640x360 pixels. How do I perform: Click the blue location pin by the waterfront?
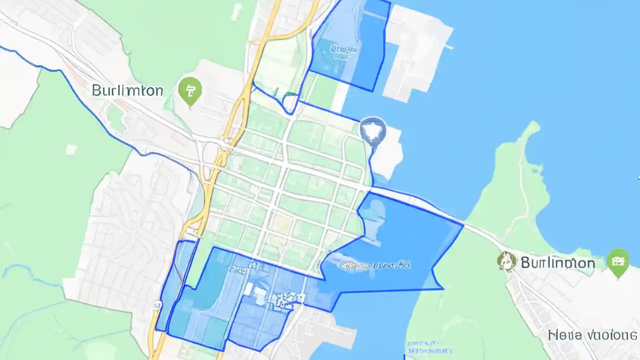[x=372, y=131]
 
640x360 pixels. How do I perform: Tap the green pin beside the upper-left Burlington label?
[x=189, y=91]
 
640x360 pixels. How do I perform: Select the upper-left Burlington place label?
[x=127, y=90]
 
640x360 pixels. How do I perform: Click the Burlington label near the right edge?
[x=557, y=262]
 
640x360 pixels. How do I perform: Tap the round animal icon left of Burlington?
[x=506, y=260]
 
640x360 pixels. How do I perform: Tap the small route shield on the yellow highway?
[x=157, y=304]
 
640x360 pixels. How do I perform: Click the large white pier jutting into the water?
[x=420, y=50]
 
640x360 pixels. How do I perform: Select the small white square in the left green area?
[x=71, y=149]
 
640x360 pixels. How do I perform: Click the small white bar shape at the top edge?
[x=237, y=12]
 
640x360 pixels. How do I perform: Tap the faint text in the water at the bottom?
[x=425, y=344]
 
